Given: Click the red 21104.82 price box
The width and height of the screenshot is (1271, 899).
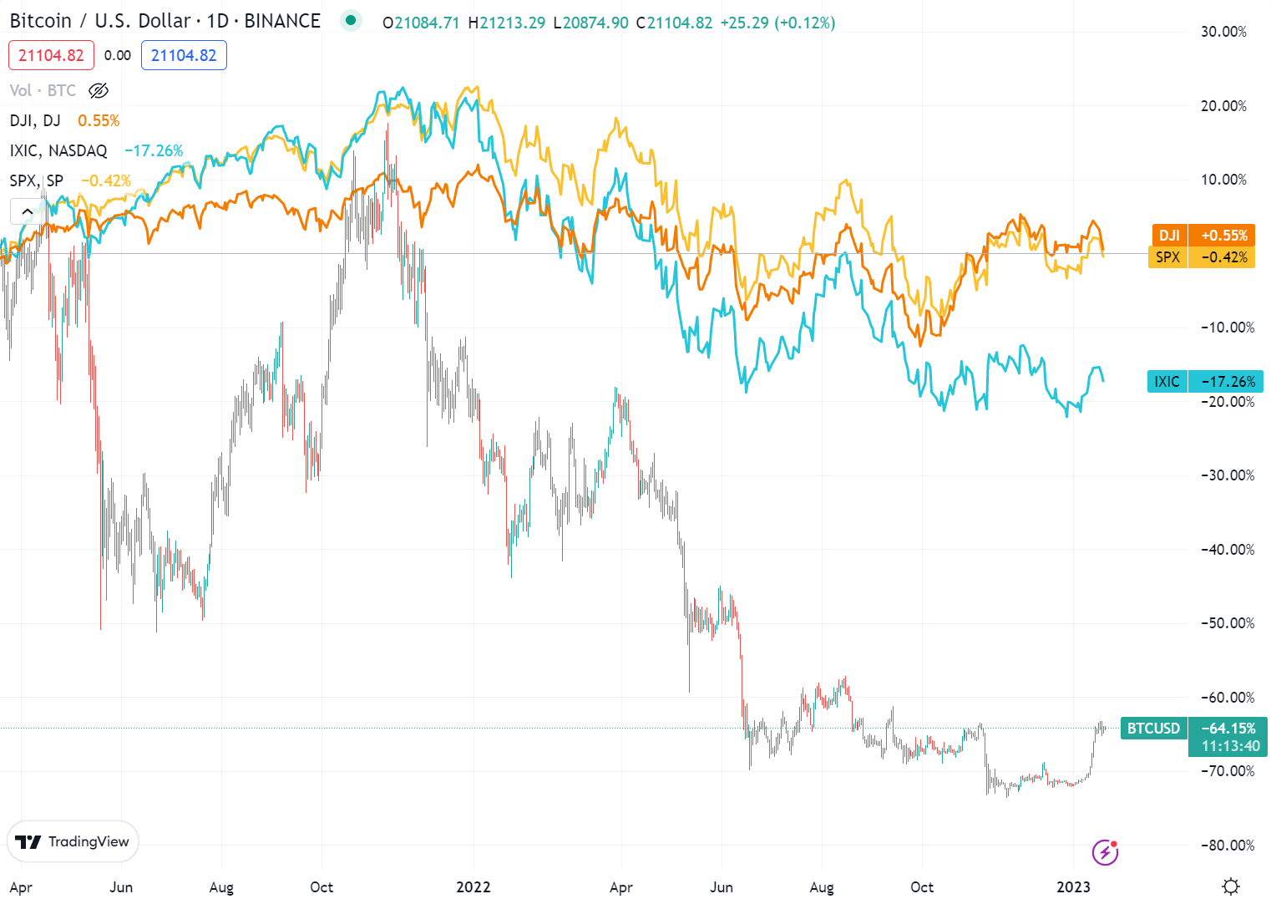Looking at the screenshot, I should pyautogui.click(x=51, y=56).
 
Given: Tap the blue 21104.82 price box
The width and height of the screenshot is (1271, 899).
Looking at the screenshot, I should pyautogui.click(x=184, y=56).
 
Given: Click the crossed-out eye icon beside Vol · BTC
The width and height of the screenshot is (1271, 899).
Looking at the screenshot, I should pyautogui.click(x=99, y=90).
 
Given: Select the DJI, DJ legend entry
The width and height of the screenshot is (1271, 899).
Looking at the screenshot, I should pyautogui.click(x=35, y=120).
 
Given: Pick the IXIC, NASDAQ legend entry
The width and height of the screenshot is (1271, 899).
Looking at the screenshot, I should pyautogui.click(x=58, y=150).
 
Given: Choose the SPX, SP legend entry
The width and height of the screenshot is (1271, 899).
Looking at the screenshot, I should pyautogui.click(x=37, y=180).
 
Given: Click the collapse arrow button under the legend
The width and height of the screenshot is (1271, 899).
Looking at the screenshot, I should pyautogui.click(x=27, y=211).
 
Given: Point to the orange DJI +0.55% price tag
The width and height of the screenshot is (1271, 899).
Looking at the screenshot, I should pyautogui.click(x=1203, y=236).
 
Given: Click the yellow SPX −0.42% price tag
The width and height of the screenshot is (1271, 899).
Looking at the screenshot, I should pyautogui.click(x=1203, y=257).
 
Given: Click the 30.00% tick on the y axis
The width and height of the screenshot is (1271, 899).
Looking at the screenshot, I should pyautogui.click(x=1223, y=32).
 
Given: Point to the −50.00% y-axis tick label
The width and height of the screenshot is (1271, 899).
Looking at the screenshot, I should pyautogui.click(x=1228, y=623).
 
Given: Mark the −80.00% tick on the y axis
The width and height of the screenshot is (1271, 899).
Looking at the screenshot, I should pyautogui.click(x=1228, y=846).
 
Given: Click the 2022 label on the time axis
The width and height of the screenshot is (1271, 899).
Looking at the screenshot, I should pyautogui.click(x=473, y=887).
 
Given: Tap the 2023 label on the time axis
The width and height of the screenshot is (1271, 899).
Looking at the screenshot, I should pyautogui.click(x=1073, y=887).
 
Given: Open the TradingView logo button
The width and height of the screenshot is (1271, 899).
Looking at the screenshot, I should pyautogui.click(x=73, y=841).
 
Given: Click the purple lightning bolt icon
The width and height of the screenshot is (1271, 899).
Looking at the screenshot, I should pyautogui.click(x=1105, y=852).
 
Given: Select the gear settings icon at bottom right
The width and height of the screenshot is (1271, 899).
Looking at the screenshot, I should pyautogui.click(x=1230, y=886).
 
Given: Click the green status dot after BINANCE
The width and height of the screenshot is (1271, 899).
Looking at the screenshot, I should pyautogui.click(x=351, y=21).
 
